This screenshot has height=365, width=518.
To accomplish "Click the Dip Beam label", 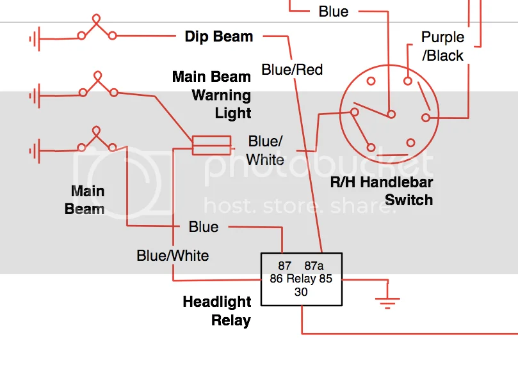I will (x=218, y=36).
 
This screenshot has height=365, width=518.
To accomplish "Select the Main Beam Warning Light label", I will (x=212, y=95).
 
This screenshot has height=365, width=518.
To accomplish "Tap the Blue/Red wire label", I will (x=292, y=69).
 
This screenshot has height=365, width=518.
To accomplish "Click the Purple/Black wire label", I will (x=442, y=46).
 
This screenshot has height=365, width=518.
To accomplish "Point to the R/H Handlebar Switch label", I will (x=382, y=191).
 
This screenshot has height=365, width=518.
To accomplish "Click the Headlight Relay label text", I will (x=216, y=311).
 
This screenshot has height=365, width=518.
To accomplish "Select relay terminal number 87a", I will (x=314, y=265).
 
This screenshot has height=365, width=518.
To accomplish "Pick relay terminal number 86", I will (x=276, y=279).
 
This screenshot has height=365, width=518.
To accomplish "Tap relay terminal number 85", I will (x=326, y=279).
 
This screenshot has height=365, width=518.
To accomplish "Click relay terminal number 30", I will (x=301, y=292).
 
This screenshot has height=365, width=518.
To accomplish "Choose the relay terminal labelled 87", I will (x=285, y=265).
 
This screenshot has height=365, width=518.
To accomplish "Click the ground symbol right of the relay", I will (x=387, y=300).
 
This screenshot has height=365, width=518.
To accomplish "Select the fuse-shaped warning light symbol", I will (x=212, y=145).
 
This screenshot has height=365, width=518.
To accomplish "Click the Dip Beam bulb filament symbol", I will (x=97, y=27).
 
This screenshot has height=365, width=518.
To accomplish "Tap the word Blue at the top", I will (x=333, y=12).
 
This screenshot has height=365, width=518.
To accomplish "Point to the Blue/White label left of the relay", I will (x=173, y=256).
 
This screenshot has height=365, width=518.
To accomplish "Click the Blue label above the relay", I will (x=204, y=227).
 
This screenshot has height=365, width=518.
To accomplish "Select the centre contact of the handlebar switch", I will (x=391, y=114).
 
